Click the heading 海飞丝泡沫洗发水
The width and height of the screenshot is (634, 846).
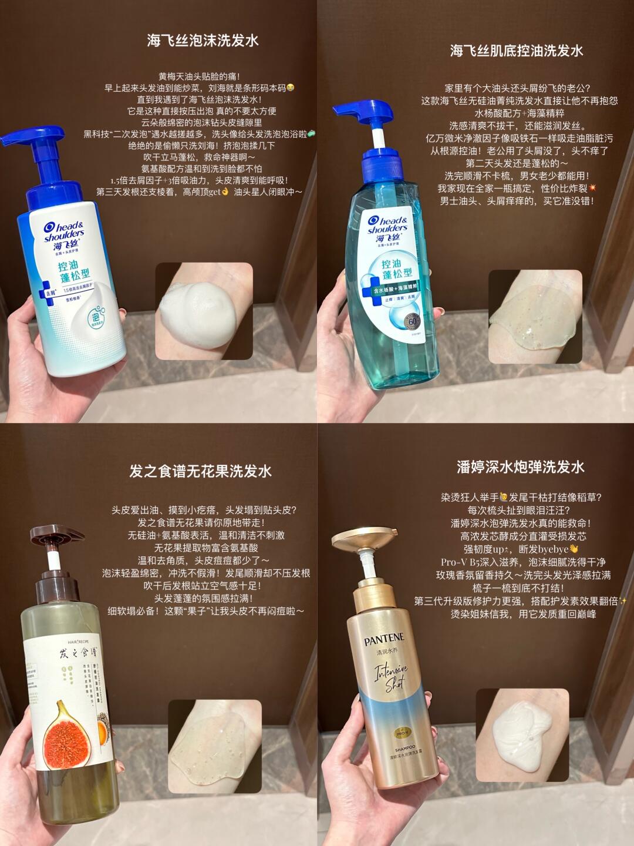pyautogui.click(x=203, y=41)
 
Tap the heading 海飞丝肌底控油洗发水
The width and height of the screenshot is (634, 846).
pyautogui.click(x=517, y=51)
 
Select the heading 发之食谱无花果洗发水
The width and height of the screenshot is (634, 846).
pyautogui.click(x=200, y=471)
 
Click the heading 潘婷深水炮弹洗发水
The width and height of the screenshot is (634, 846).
pyautogui.click(x=520, y=467)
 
